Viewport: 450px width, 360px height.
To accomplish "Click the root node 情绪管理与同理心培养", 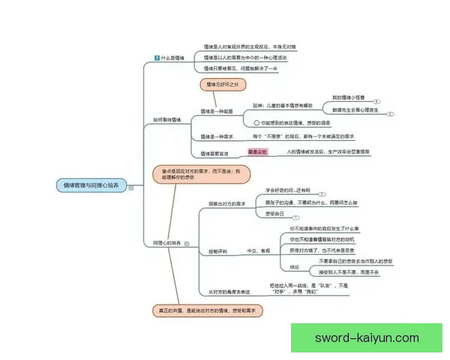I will tap(92, 184).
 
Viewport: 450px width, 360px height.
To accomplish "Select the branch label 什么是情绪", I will tap(172, 58).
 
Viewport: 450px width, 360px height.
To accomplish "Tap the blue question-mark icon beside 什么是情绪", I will tap(156, 58).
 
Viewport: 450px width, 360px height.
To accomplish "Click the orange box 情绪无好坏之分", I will tap(221, 85).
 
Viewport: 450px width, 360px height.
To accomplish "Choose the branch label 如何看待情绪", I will tap(168, 119).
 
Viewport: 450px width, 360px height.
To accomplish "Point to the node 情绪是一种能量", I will tap(217, 110).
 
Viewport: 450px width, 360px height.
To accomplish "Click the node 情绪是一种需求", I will tap(217, 136).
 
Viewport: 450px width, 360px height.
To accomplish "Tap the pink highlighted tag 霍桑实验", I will tap(256, 152).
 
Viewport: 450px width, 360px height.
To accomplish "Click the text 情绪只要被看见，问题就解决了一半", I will tap(241, 68).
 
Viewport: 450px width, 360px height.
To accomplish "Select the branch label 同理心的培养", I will tap(167, 243).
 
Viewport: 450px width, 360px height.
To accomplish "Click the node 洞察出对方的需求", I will tap(227, 203).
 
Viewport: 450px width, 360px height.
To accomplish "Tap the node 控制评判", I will tap(217, 251).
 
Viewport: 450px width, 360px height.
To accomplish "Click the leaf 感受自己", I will tap(276, 214).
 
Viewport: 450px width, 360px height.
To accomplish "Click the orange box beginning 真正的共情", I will tap(206, 309).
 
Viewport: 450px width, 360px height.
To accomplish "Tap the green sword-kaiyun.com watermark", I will tap(367, 337).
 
